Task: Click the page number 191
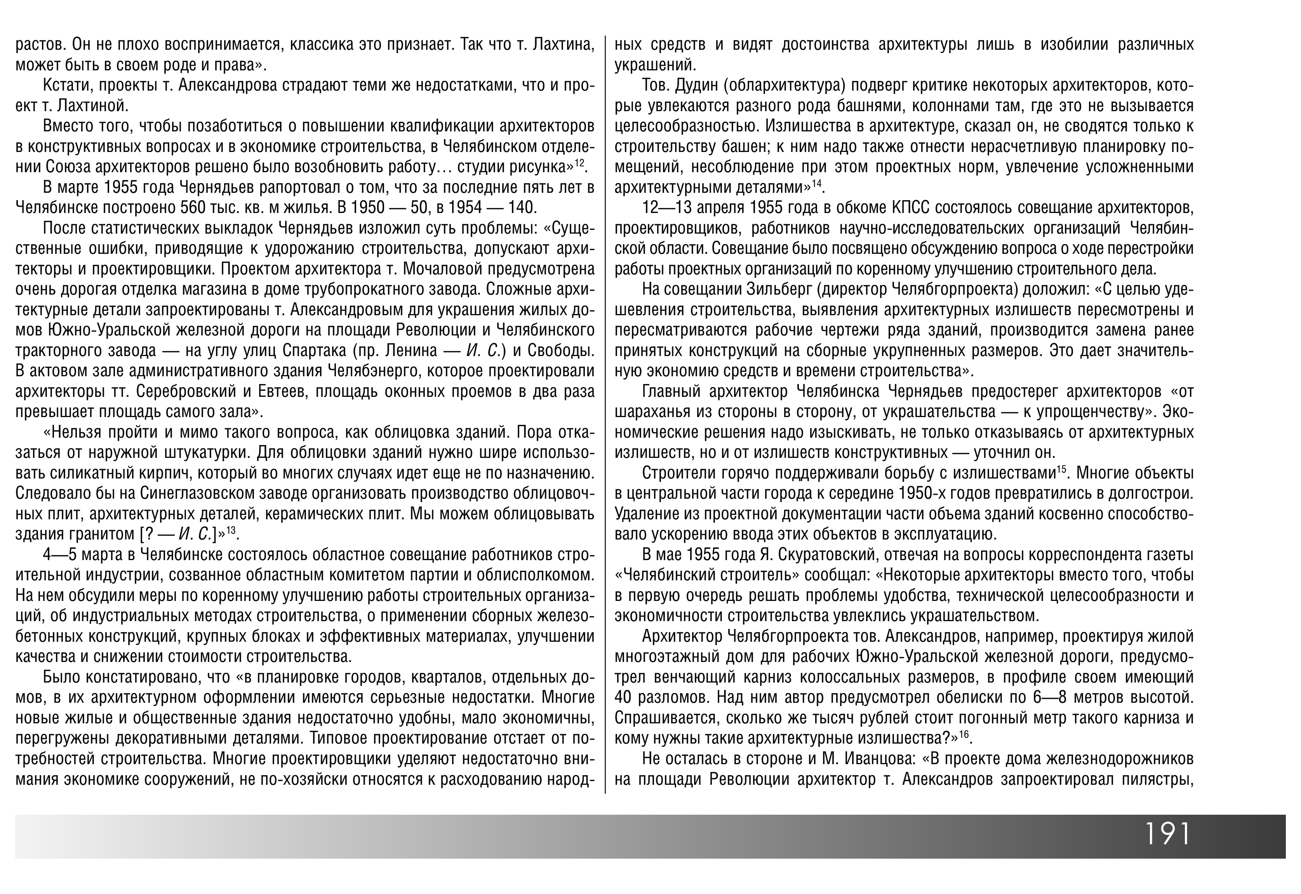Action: coord(1167,835)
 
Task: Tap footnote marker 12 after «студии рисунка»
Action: coord(579,162)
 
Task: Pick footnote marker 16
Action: coord(964,734)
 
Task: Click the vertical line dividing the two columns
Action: coord(605,414)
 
